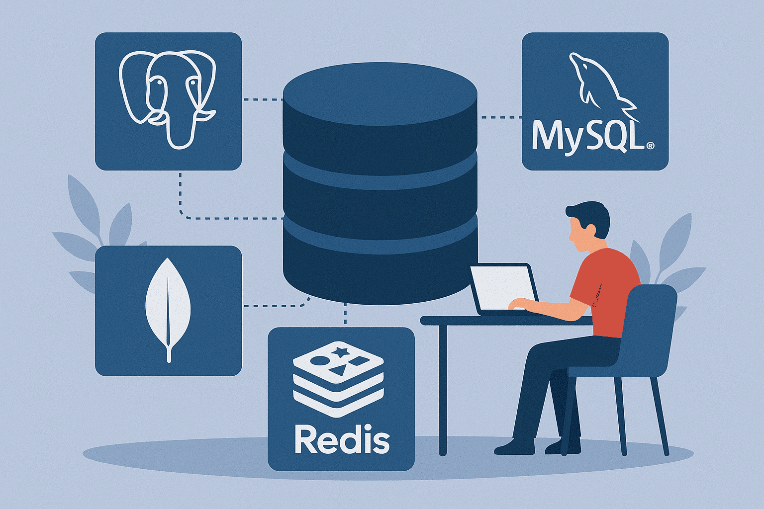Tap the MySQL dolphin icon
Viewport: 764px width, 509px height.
597,82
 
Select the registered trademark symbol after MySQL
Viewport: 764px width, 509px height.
650,146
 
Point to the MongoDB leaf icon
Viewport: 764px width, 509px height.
168,308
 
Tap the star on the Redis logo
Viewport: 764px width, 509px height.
341,352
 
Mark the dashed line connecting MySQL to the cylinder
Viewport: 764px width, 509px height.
500,117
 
